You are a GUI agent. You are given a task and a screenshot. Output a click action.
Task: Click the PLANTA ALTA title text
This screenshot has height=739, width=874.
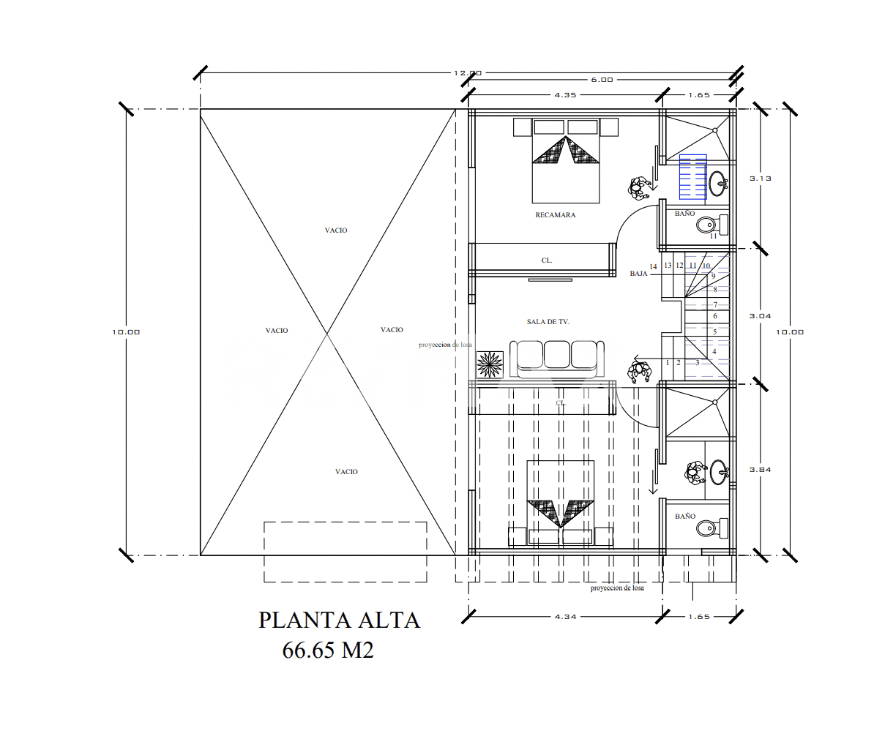tap(339, 620)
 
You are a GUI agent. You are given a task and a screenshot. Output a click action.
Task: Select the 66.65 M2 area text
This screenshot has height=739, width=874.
tap(328, 650)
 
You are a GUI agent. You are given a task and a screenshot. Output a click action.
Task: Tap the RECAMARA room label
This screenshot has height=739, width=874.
tap(556, 215)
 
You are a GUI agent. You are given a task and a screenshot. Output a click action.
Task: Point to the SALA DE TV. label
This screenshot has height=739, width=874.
tap(548, 322)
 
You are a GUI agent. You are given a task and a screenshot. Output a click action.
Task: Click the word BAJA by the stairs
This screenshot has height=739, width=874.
tap(638, 274)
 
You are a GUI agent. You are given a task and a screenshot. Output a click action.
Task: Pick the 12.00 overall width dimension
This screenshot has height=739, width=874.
tap(468, 73)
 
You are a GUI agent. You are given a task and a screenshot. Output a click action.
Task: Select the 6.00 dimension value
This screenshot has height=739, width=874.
tap(602, 80)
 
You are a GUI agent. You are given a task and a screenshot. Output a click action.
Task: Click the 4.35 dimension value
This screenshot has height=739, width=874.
tap(565, 95)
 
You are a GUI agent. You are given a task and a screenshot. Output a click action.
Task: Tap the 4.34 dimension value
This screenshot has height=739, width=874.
tap(565, 617)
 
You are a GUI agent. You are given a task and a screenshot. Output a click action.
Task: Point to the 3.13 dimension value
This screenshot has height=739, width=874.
tap(761, 179)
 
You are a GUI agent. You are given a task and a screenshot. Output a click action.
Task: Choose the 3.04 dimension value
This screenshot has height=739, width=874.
tap(761, 316)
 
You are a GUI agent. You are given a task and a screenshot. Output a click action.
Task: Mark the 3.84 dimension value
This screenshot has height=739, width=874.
tap(761, 470)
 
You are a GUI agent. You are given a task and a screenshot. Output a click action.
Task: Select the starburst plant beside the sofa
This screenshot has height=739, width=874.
tap(490, 364)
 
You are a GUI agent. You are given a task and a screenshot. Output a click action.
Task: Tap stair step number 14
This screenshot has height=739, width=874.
tap(654, 267)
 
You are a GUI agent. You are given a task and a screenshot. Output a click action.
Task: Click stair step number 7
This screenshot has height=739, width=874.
tap(715, 305)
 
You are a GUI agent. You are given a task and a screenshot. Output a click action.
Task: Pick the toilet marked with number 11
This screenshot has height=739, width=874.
tap(709, 224)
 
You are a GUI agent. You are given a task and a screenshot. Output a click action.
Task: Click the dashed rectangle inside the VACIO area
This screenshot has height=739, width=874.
tap(345, 552)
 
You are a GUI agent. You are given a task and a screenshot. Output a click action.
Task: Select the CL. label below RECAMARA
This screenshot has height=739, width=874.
tap(547, 260)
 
